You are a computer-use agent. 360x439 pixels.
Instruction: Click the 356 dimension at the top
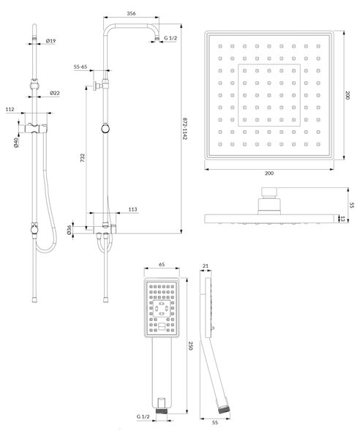131,13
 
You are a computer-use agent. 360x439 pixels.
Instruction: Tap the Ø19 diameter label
50,41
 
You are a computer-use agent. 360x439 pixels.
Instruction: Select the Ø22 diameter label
55,93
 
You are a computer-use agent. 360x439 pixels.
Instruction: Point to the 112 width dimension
10,110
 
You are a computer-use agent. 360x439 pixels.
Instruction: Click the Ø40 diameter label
16,142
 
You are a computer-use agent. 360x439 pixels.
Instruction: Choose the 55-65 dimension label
80,67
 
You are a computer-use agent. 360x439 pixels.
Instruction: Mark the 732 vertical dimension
82,157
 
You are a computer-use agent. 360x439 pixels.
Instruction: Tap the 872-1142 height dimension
185,129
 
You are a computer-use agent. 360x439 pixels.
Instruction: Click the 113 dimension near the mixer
132,209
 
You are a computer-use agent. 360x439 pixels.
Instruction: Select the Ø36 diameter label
70,230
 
